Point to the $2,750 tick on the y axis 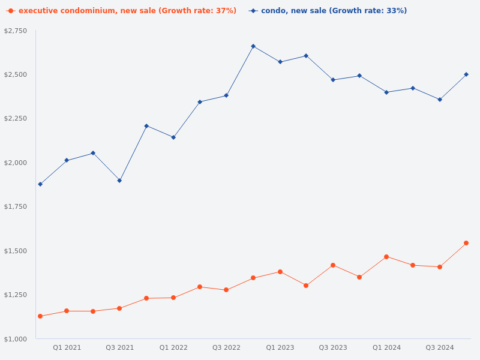(x=16, y=31)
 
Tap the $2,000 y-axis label (x=16, y=163)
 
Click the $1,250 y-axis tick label (x=16, y=295)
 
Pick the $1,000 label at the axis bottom (x=16, y=339)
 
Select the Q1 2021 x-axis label (x=67, y=347)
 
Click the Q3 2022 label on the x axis (x=226, y=347)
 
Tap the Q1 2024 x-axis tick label (x=386, y=347)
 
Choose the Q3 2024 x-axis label (x=440, y=347)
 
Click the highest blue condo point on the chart (x=253, y=46)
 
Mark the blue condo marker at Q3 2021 (x=119, y=181)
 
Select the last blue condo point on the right (x=466, y=74)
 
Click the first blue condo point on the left (x=40, y=184)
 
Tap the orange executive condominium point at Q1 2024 (x=386, y=257)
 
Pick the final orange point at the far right (x=466, y=243)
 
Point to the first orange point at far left (x=40, y=316)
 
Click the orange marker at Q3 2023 (x=333, y=265)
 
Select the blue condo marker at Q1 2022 (x=173, y=137)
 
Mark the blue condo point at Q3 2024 (x=440, y=100)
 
